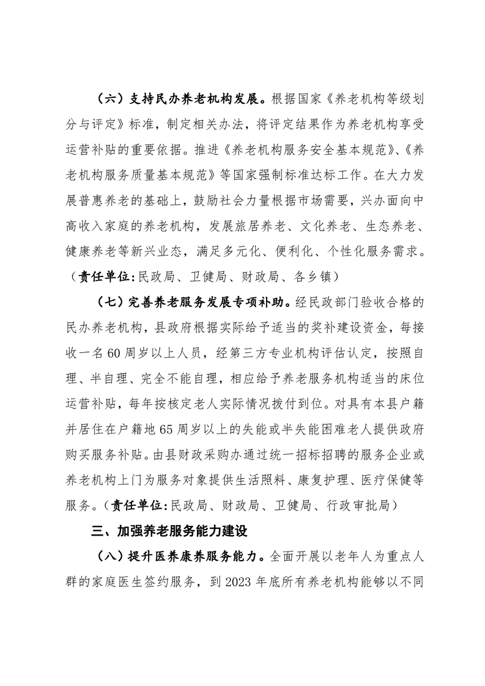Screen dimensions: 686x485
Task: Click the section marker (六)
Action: pyautogui.click(x=110, y=97)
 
